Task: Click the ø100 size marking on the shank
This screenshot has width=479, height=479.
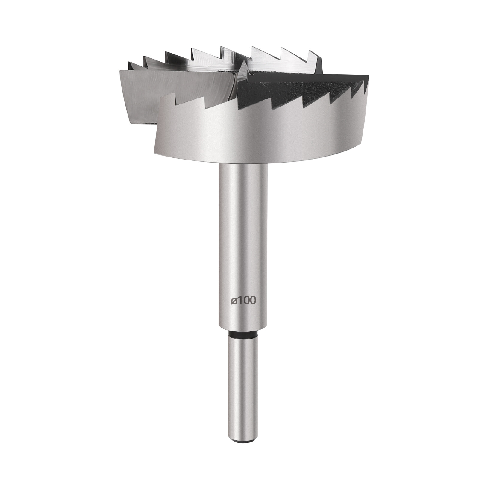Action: pyautogui.click(x=243, y=301)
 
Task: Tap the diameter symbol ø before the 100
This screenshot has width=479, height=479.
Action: pyautogui.click(x=234, y=301)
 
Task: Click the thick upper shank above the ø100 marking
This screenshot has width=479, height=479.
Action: pyautogui.click(x=243, y=225)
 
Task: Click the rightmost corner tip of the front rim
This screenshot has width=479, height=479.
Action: pyautogui.click(x=368, y=77)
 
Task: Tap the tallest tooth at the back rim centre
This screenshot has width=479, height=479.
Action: pyautogui.click(x=222, y=47)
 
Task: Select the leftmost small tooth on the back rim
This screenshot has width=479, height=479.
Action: pyautogui.click(x=130, y=63)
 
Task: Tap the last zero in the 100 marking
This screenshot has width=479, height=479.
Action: pyautogui.click(x=253, y=301)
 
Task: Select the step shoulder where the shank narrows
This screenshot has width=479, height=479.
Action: pyautogui.click(x=243, y=328)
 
